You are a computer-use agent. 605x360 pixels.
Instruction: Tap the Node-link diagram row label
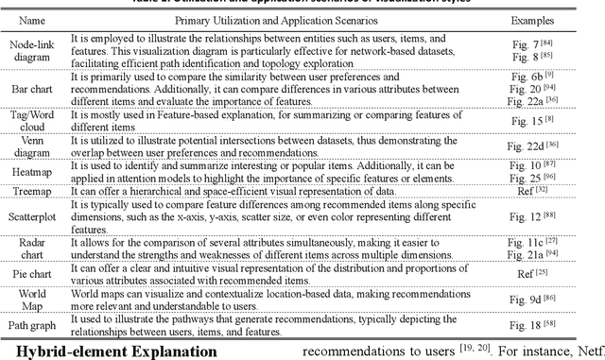point(32,51)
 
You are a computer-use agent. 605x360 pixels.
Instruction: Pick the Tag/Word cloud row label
point(32,121)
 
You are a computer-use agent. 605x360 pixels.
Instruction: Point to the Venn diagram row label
point(32,148)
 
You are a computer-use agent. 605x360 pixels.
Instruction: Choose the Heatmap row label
point(32,173)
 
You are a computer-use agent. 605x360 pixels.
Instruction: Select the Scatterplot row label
point(32,219)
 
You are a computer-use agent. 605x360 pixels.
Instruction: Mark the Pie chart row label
point(32,276)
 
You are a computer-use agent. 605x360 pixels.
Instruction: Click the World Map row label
point(32,304)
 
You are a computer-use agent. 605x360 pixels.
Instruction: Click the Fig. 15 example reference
point(557,121)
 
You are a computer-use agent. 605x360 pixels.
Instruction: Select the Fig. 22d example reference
point(557,148)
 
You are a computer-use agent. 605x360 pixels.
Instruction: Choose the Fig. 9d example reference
point(557,304)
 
